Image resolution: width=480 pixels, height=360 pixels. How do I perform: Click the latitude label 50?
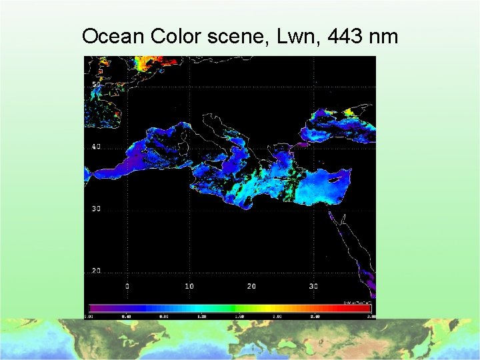[97, 84]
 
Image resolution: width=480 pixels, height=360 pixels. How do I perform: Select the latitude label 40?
[97, 147]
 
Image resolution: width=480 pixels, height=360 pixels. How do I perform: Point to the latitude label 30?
[97, 209]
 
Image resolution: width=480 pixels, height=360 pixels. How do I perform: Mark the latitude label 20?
[97, 271]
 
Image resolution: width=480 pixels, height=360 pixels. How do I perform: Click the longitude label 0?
[127, 286]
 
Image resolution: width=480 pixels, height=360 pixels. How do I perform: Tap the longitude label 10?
[189, 286]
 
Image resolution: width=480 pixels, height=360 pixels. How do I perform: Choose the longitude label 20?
[251, 286]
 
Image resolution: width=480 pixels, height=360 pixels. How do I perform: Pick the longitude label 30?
[313, 286]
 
